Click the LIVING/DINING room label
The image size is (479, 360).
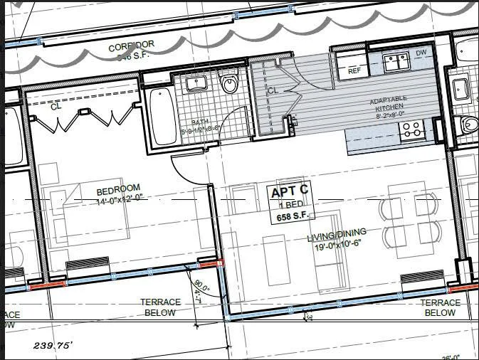pos(337,233)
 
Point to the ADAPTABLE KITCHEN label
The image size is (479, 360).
pos(388,102)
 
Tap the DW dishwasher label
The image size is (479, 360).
pos(421,53)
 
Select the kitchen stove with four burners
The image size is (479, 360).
pos(411,130)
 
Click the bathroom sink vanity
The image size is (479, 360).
pos(195,84)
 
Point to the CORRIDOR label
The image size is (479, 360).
pos(130,47)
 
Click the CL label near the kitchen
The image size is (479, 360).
pos(273,90)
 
